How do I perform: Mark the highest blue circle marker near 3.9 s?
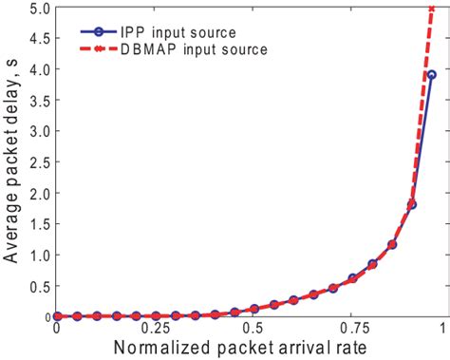pos(431,75)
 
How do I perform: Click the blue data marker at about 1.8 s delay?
pos(412,204)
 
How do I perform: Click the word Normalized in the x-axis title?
pos(161,349)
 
